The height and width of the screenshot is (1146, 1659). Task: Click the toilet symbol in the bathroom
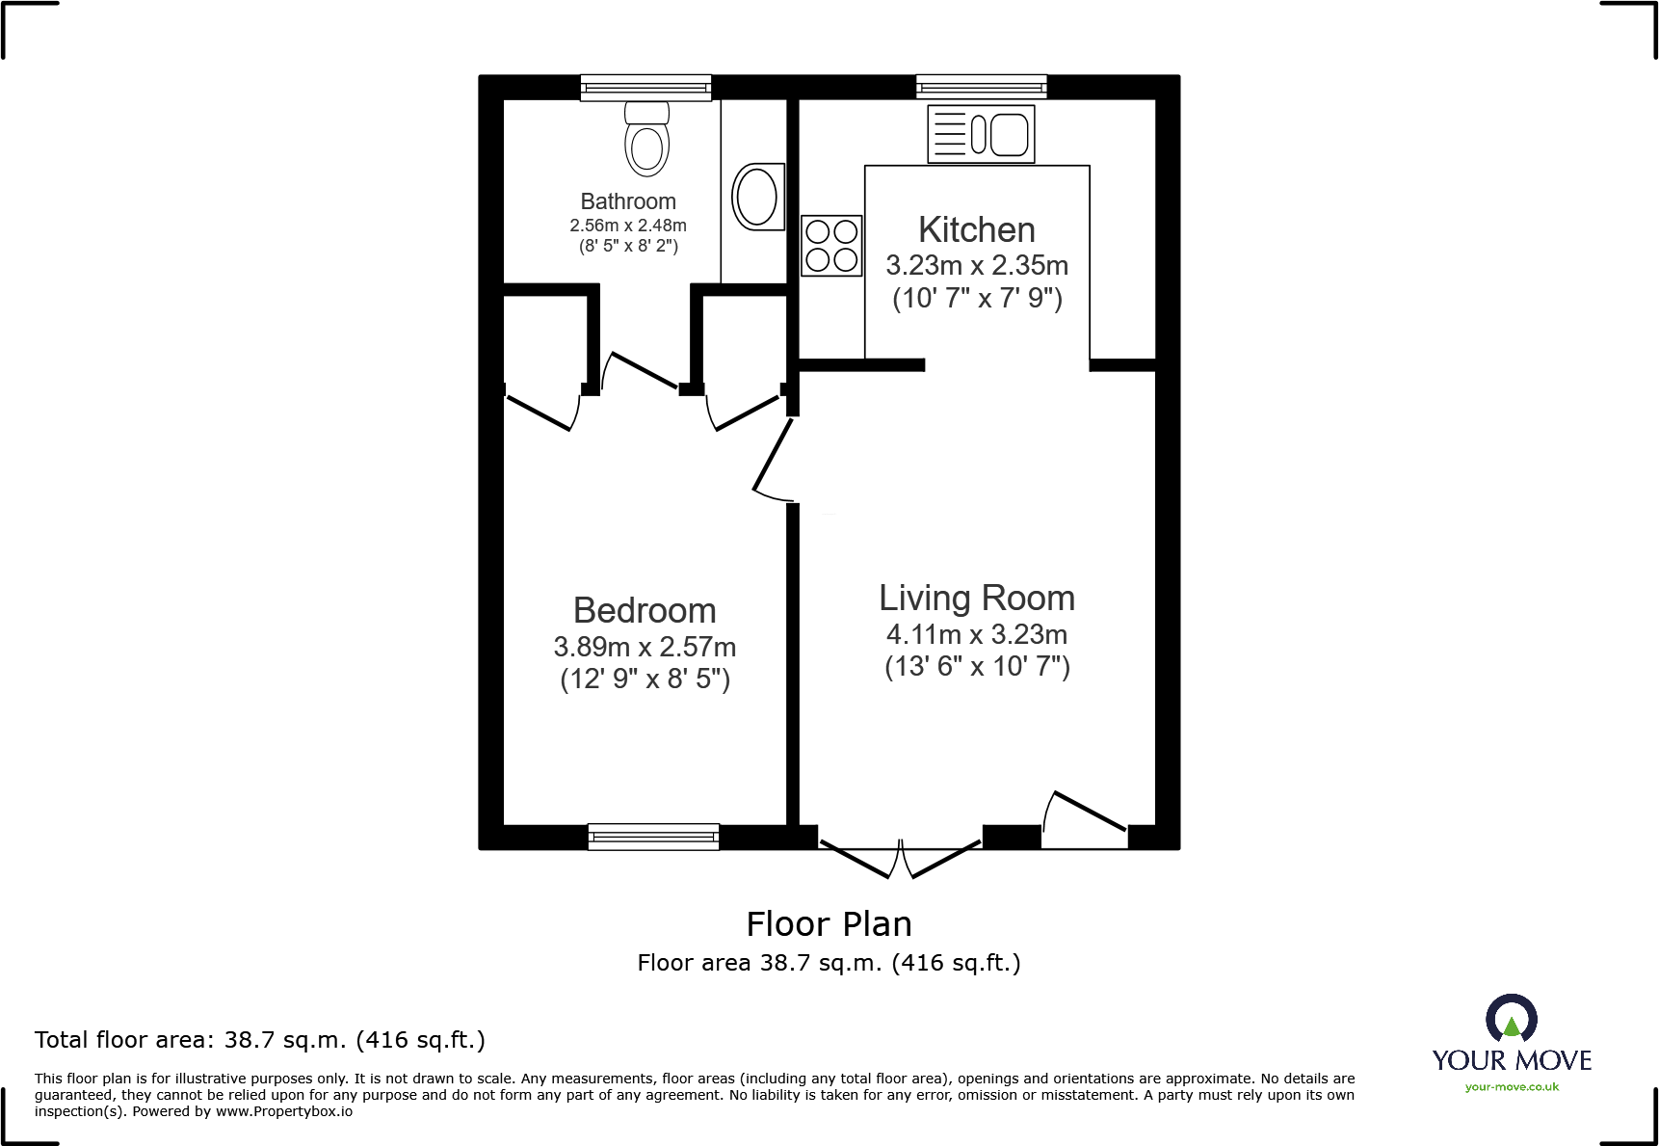pos(646,140)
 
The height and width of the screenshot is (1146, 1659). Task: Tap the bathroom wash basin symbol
pos(757,197)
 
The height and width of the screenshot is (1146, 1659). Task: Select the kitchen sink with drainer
pos(981,134)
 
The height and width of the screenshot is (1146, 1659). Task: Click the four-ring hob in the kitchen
pos(831,246)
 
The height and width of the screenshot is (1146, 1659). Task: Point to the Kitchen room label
pos(976,230)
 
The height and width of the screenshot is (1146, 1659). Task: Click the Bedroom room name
pos(645,611)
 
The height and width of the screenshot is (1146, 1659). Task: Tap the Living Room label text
pos(976,599)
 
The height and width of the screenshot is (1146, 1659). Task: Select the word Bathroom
pos(628,201)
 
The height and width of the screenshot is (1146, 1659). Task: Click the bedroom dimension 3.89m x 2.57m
pos(645,647)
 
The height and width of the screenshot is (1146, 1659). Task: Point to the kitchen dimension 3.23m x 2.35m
pos(976,265)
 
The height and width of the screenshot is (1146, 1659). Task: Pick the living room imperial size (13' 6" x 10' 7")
pos(976,667)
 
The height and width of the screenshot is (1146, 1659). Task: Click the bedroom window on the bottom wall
pos(653,837)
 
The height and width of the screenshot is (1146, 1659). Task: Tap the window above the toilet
pos(645,88)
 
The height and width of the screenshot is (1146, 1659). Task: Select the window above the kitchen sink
pos(981,88)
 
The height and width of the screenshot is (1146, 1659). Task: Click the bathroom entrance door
pos(643,371)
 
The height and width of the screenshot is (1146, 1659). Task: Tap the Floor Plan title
pos(829,924)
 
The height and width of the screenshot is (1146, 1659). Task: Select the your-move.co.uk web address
pos(1511,1087)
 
